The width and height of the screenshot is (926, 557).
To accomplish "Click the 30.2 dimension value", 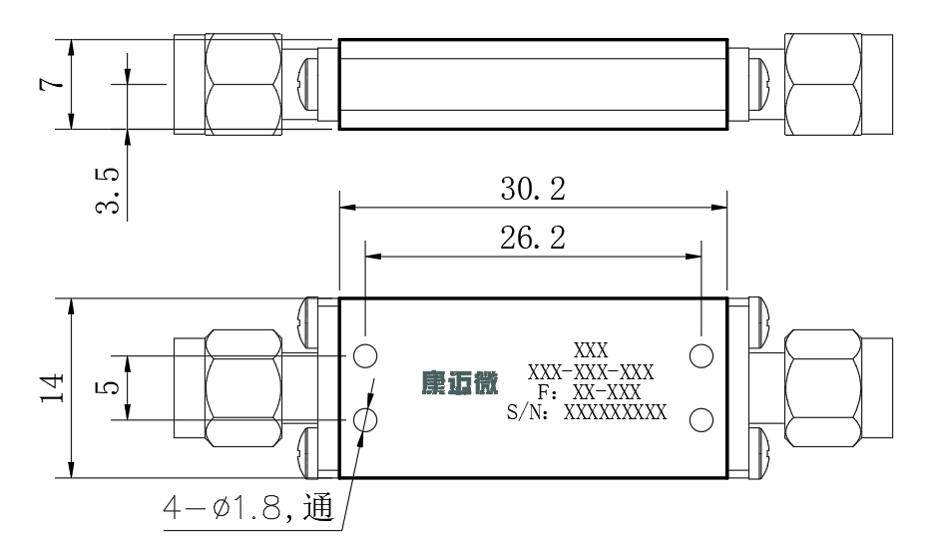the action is tap(533, 189).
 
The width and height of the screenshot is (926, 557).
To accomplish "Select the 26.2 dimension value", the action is tap(533, 238).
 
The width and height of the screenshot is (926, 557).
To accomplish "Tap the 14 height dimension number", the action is tap(53, 388).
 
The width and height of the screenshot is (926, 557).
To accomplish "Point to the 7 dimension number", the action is tap(51, 83).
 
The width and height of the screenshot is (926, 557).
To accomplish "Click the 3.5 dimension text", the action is tap(108, 191).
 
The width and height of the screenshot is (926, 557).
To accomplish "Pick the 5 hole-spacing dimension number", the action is tap(108, 387).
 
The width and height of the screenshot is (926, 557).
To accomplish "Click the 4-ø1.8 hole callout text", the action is tap(248, 507).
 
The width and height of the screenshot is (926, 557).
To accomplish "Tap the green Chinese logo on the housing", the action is tap(460, 382).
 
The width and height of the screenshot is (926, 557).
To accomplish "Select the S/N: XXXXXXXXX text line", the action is tap(587, 412).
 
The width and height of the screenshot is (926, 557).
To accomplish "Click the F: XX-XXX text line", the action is tap(589, 392).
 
